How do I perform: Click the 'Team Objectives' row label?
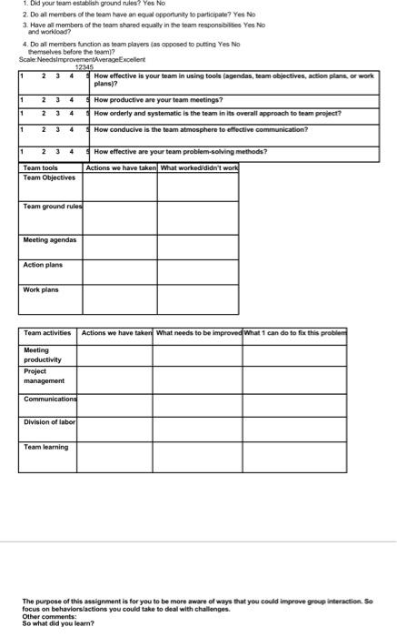(49, 177)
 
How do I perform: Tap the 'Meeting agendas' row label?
(50, 240)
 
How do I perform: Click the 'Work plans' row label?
(42, 290)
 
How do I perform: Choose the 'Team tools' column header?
(41, 168)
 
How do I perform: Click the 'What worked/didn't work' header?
(199, 168)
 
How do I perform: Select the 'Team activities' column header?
(48, 333)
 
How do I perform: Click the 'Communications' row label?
(51, 399)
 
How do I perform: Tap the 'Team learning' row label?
(46, 447)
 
